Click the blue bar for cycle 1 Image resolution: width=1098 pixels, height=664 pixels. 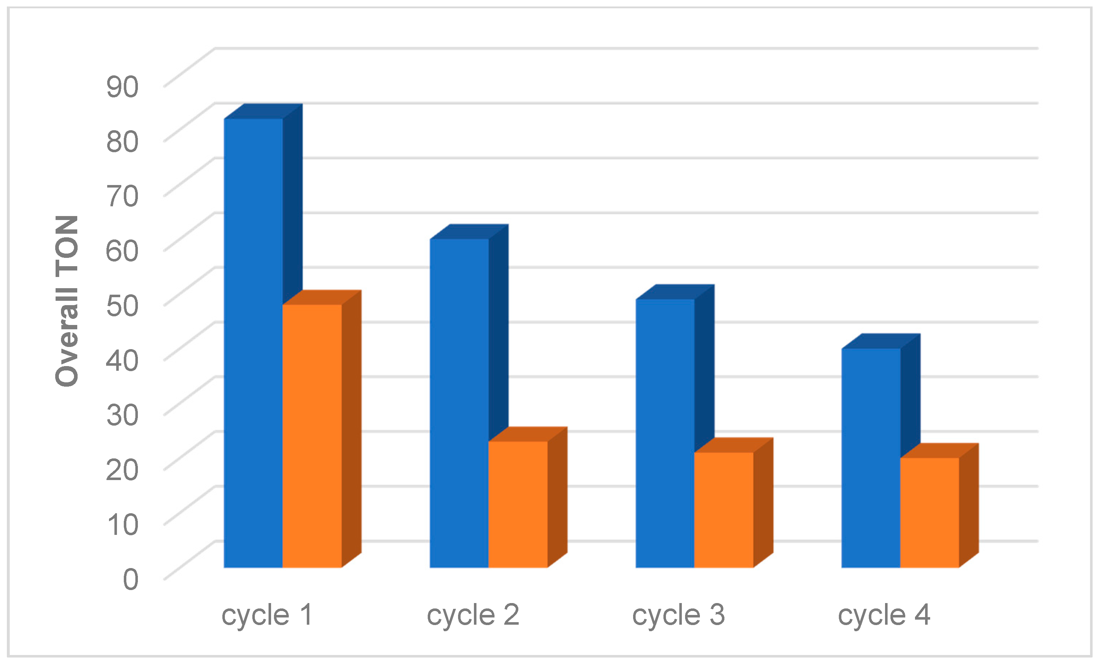[253, 343]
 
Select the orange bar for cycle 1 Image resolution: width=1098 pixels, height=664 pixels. [312, 436]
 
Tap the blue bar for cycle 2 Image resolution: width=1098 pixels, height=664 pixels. [459, 403]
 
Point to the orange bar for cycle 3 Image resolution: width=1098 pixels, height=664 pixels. [724, 510]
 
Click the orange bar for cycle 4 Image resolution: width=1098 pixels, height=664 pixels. [929, 513]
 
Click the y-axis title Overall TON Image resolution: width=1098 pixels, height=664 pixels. [67, 301]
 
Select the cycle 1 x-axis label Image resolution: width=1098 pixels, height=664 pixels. [267, 615]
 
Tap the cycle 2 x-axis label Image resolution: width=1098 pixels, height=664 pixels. [473, 615]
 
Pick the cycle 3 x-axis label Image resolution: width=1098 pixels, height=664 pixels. [679, 615]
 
